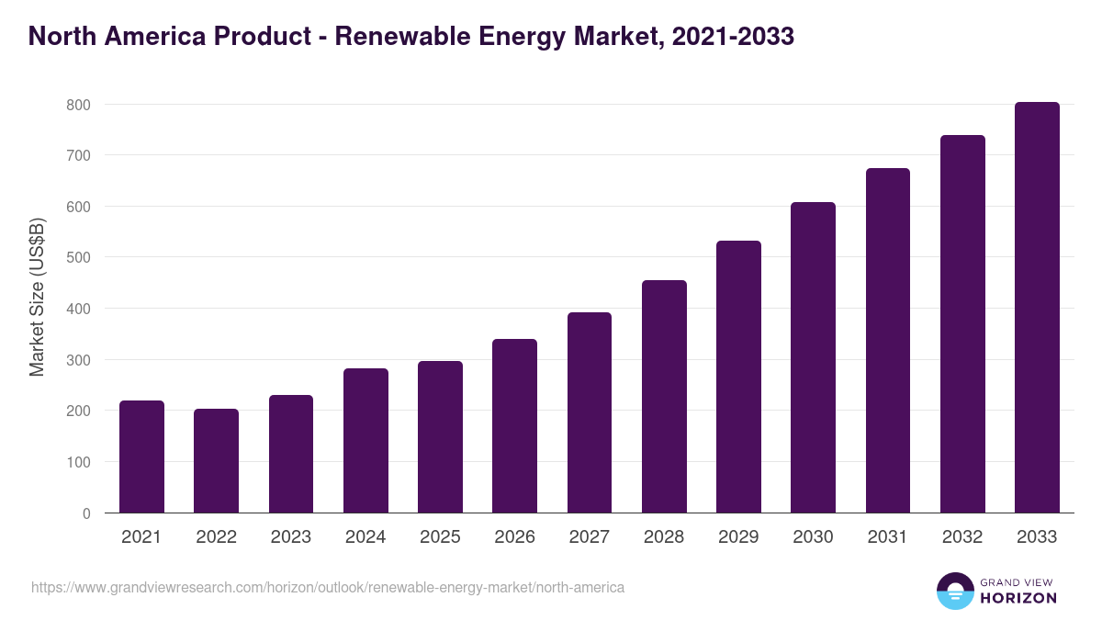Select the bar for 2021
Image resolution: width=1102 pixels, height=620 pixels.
(x=141, y=457)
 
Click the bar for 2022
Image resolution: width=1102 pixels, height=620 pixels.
(x=216, y=460)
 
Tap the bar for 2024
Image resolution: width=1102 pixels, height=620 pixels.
(x=365, y=440)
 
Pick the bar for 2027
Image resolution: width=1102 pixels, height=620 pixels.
(x=590, y=412)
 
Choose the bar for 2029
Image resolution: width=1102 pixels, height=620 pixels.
(x=738, y=377)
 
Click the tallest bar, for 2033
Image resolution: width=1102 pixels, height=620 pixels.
(x=1037, y=308)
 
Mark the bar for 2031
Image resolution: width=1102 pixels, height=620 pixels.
(x=888, y=340)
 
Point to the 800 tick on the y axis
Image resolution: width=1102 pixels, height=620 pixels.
(x=78, y=105)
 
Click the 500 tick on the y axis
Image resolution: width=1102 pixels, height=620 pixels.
(x=78, y=257)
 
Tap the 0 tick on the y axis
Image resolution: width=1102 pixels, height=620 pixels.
(x=85, y=513)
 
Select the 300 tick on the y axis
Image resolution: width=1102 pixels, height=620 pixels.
(x=78, y=360)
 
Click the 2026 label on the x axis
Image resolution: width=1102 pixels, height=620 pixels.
(x=514, y=537)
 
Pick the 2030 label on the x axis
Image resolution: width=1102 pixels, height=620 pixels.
(x=813, y=537)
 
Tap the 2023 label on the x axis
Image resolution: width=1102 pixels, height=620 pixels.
(x=290, y=537)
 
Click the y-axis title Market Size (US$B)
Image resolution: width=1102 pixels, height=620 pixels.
(x=38, y=299)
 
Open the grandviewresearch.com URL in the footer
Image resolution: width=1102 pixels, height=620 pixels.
(x=328, y=587)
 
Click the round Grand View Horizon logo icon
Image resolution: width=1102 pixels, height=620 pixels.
(x=954, y=591)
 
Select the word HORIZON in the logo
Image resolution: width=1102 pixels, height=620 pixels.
(x=1018, y=598)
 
